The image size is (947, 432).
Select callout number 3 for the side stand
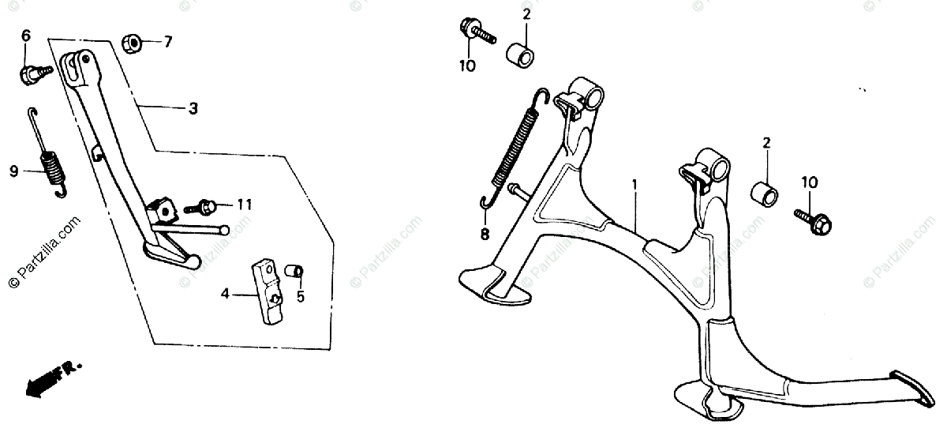tap(193, 109)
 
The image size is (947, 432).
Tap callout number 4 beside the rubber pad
tap(225, 294)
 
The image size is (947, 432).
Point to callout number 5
tap(299, 297)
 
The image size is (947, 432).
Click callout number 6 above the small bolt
tap(25, 36)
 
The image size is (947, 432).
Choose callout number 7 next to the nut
tap(167, 42)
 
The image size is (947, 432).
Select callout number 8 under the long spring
tap(484, 234)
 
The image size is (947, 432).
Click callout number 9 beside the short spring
tap(14, 170)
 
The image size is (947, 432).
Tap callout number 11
tap(245, 205)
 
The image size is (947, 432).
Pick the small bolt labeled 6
tap(32, 73)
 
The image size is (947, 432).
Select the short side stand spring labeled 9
tap(49, 165)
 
